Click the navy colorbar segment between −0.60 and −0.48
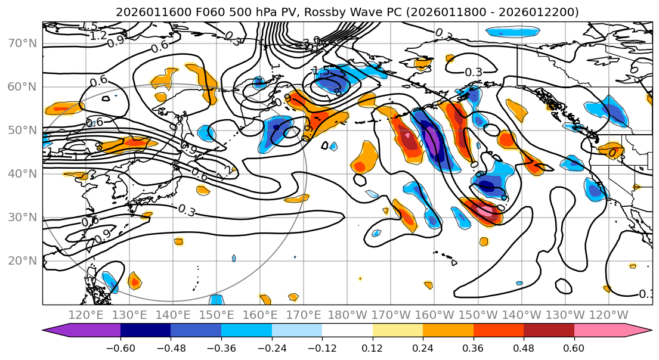tap(146, 330)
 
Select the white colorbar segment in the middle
tap(347, 330)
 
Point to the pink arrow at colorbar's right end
tap(641, 330)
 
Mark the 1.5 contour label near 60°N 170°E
tap(321, 72)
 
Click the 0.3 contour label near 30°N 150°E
tap(187, 210)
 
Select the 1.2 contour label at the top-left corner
tap(98, 36)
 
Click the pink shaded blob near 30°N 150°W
tap(485, 210)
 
